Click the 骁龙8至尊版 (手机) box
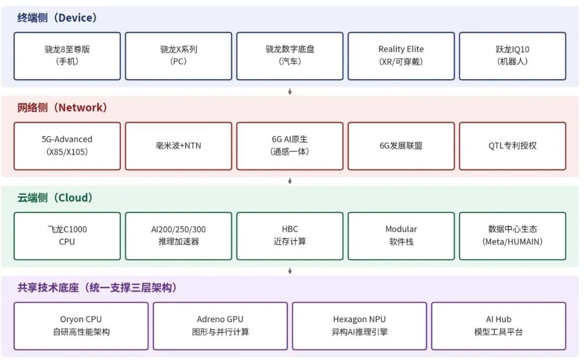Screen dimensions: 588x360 point(67,56)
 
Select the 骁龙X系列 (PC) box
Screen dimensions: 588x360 point(179,56)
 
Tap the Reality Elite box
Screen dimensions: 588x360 point(401,56)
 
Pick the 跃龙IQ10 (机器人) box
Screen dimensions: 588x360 point(513,56)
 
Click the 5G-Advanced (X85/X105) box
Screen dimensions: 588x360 point(67,146)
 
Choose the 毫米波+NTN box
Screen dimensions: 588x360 point(179,146)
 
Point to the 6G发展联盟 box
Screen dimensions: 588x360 point(401,146)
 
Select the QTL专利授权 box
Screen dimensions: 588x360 point(513,146)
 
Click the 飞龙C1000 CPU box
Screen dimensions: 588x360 point(67,236)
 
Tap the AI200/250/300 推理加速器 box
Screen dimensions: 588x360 point(179,236)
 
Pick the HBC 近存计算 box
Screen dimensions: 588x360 point(290,236)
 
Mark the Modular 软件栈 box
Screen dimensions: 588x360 point(401,236)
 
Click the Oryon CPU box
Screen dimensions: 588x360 point(81,326)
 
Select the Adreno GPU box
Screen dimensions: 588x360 point(220,326)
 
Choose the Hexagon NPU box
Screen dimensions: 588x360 point(359,326)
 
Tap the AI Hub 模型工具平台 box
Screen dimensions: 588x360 point(498,326)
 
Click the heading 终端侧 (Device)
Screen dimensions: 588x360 point(57,17)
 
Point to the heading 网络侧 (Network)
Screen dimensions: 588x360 point(62,108)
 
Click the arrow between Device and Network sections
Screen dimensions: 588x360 point(290,91)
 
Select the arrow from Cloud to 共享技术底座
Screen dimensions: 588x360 point(290,271)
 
